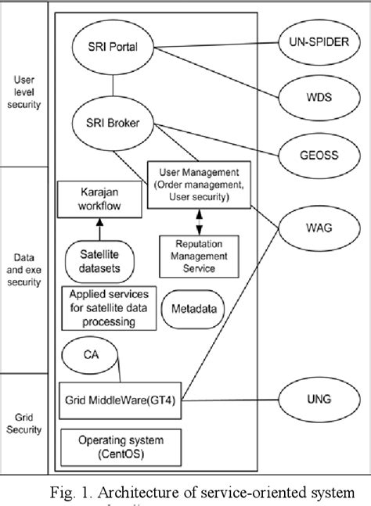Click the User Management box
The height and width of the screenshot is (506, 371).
point(199,185)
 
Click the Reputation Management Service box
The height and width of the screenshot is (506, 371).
point(200,257)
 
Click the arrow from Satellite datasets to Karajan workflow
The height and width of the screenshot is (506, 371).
point(99,228)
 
